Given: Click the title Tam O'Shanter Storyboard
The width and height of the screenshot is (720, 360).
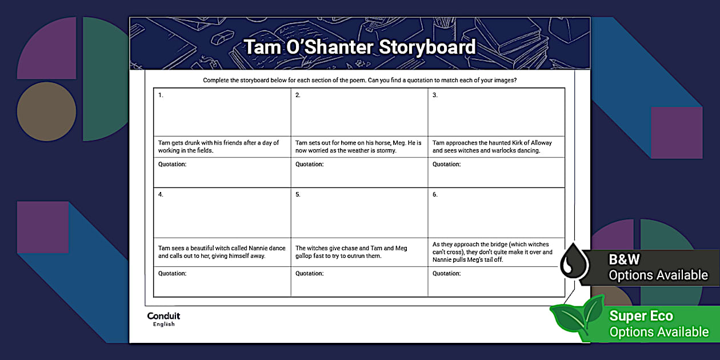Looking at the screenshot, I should [359, 47].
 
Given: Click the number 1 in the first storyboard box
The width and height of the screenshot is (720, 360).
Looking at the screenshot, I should [161, 95].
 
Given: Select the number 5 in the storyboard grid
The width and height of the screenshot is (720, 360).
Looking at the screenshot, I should [298, 195].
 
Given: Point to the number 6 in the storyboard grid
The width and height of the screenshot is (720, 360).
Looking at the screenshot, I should [435, 195].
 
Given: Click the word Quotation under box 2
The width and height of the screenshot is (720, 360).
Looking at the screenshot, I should [309, 165].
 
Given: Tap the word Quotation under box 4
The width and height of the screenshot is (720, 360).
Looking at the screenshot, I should [172, 274].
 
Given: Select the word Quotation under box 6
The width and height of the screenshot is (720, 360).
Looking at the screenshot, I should [446, 274].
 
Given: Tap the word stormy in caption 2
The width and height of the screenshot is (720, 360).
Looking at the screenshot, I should [386, 151].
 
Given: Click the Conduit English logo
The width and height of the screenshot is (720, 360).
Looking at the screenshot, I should [163, 319].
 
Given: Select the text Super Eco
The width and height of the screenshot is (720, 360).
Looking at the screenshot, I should [641, 316].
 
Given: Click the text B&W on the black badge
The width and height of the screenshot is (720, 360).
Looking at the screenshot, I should [624, 259].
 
